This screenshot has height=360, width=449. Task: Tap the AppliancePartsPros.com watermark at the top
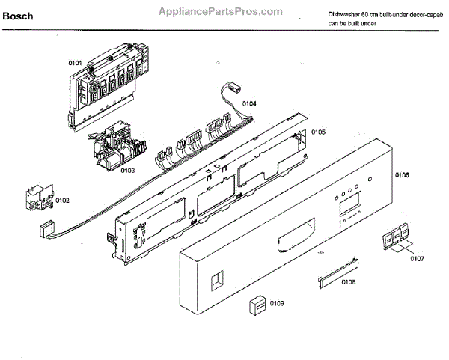(220, 12)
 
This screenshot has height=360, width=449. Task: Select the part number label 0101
(76, 63)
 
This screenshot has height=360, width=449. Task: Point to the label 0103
(126, 171)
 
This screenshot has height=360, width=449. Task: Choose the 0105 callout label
(318, 132)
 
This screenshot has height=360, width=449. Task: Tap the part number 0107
(417, 258)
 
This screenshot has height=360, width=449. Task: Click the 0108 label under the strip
(348, 282)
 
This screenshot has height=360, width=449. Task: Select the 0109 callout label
(278, 303)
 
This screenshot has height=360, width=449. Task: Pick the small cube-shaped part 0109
(257, 305)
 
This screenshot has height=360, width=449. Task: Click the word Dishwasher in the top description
(346, 15)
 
